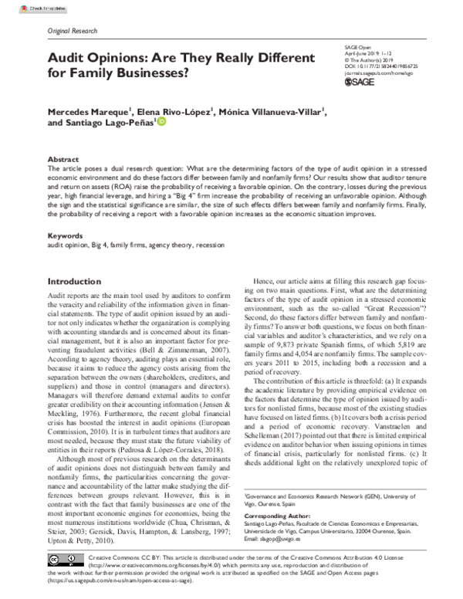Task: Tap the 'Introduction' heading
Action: pyautogui.click(x=79, y=283)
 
